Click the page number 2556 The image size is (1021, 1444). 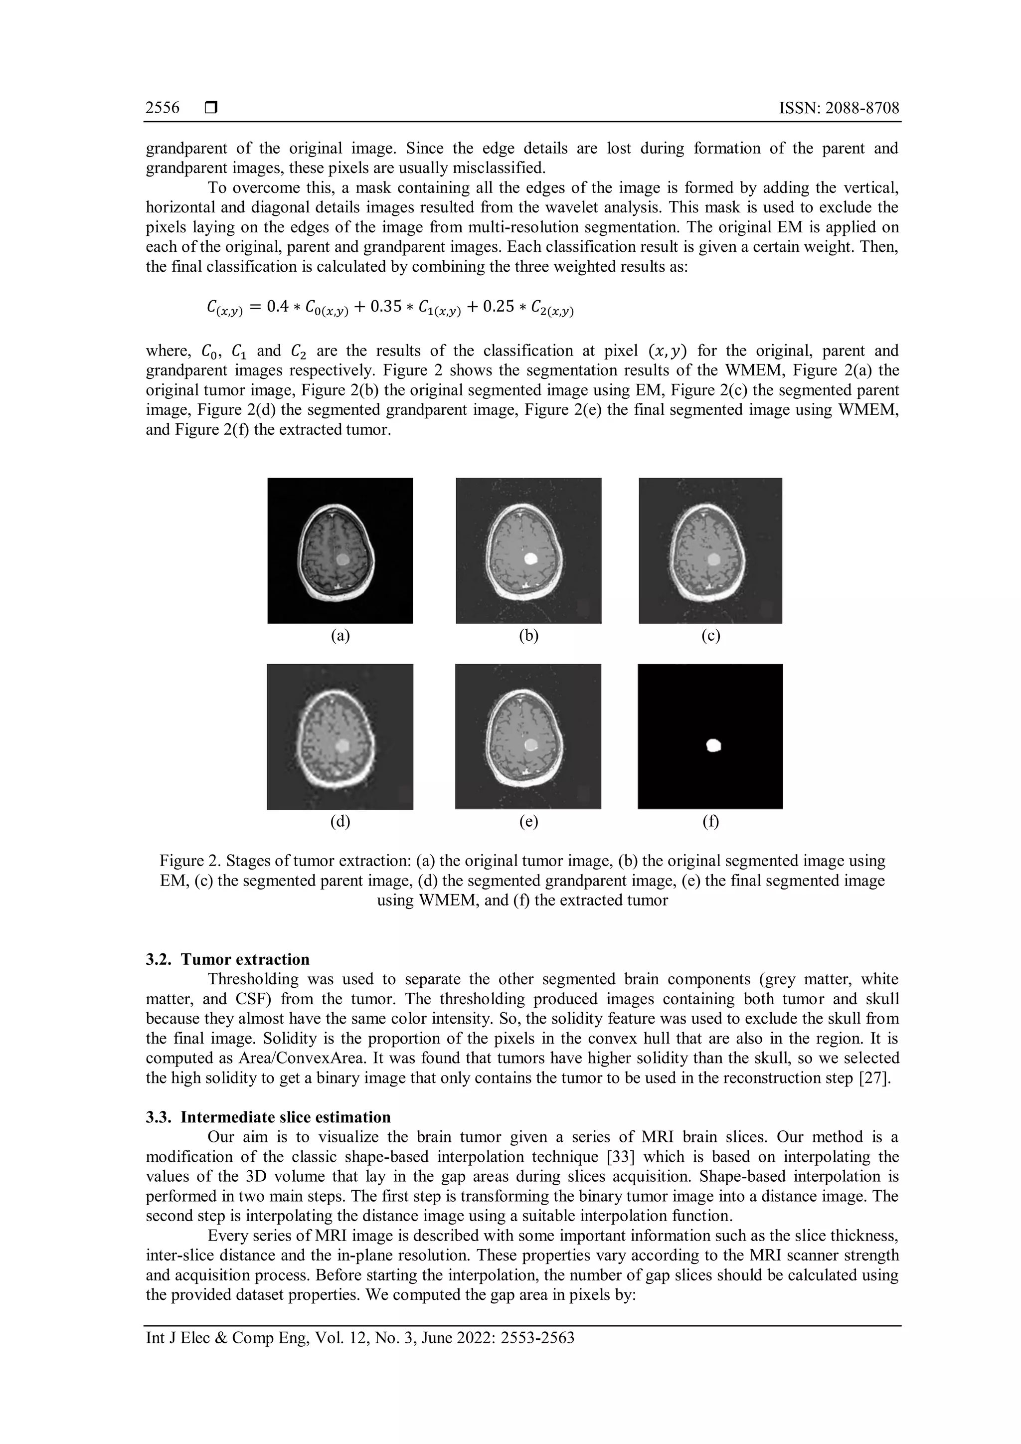click(162, 108)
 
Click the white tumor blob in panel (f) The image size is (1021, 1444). click(713, 745)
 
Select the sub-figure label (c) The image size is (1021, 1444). click(710, 636)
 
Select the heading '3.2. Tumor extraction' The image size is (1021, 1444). click(228, 959)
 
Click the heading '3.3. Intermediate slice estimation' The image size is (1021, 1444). click(268, 1117)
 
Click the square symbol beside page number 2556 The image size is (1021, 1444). click(210, 108)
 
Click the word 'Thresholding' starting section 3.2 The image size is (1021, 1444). click(249, 979)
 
